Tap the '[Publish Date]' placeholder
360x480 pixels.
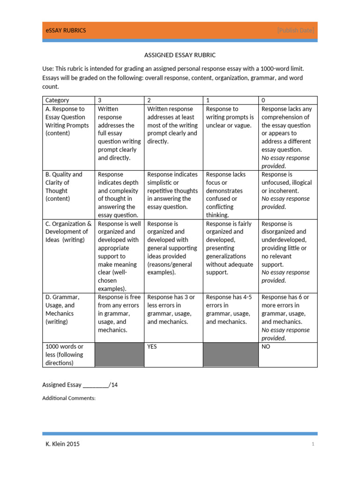[x=295, y=30]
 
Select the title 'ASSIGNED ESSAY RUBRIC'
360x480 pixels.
[x=180, y=55]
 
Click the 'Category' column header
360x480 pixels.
[x=57, y=100]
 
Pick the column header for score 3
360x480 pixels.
[x=100, y=100]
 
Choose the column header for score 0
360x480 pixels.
[x=264, y=100]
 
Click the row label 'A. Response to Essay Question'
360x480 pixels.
[x=66, y=121]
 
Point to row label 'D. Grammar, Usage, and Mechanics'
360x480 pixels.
[x=63, y=309]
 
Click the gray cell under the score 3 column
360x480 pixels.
[x=119, y=355]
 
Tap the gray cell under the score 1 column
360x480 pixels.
[x=230, y=355]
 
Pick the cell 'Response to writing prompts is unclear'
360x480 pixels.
[x=230, y=117]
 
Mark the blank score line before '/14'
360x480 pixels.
[x=96, y=385]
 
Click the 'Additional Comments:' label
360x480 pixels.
[x=69, y=398]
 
